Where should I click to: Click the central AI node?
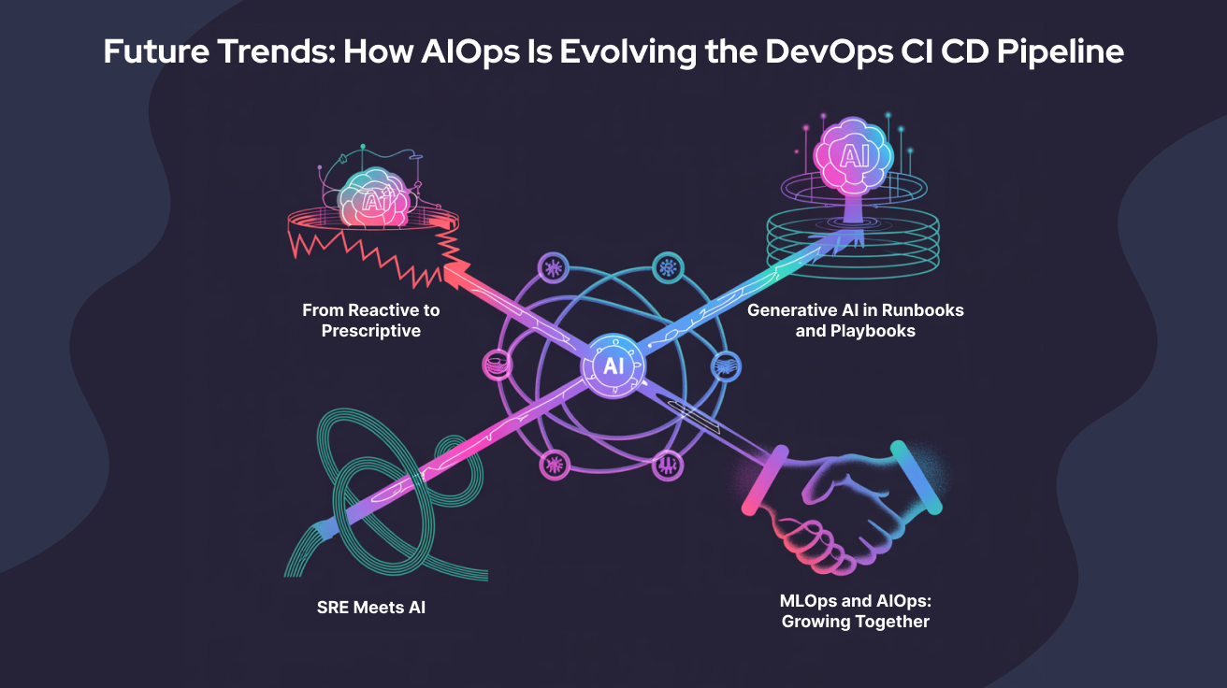(613, 365)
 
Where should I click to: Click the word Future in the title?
(150, 52)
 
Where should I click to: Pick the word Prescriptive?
(371, 331)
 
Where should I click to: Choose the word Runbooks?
(922, 310)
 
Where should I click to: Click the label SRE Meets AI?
(371, 608)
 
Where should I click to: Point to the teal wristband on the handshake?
(917, 477)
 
